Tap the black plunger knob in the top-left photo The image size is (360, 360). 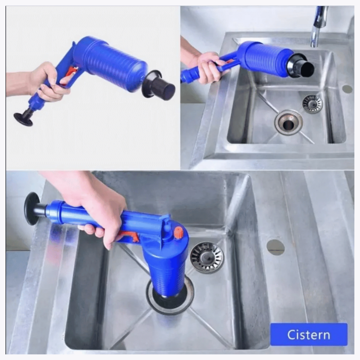[x=23, y=119]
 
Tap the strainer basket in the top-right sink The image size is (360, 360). [x=312, y=104]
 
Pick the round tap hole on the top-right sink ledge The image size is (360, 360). [x=347, y=89]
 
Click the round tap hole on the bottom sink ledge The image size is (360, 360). [x=276, y=247]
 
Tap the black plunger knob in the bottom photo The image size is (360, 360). [x=32, y=208]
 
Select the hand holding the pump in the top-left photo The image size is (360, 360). [x=48, y=81]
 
